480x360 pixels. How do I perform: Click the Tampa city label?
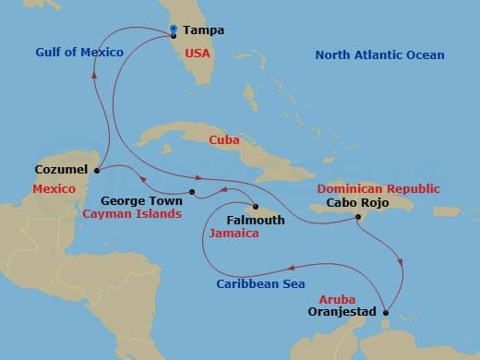(x=204, y=30)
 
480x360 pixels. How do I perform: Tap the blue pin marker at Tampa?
(x=174, y=30)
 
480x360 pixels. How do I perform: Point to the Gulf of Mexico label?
(x=78, y=53)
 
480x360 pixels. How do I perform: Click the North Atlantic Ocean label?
(x=379, y=55)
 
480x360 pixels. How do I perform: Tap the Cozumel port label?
(x=61, y=170)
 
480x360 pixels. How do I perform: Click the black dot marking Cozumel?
(x=96, y=169)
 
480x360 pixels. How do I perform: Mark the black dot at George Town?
(x=192, y=192)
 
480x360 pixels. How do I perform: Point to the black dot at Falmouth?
(x=256, y=207)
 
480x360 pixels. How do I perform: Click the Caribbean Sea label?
(x=260, y=284)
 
